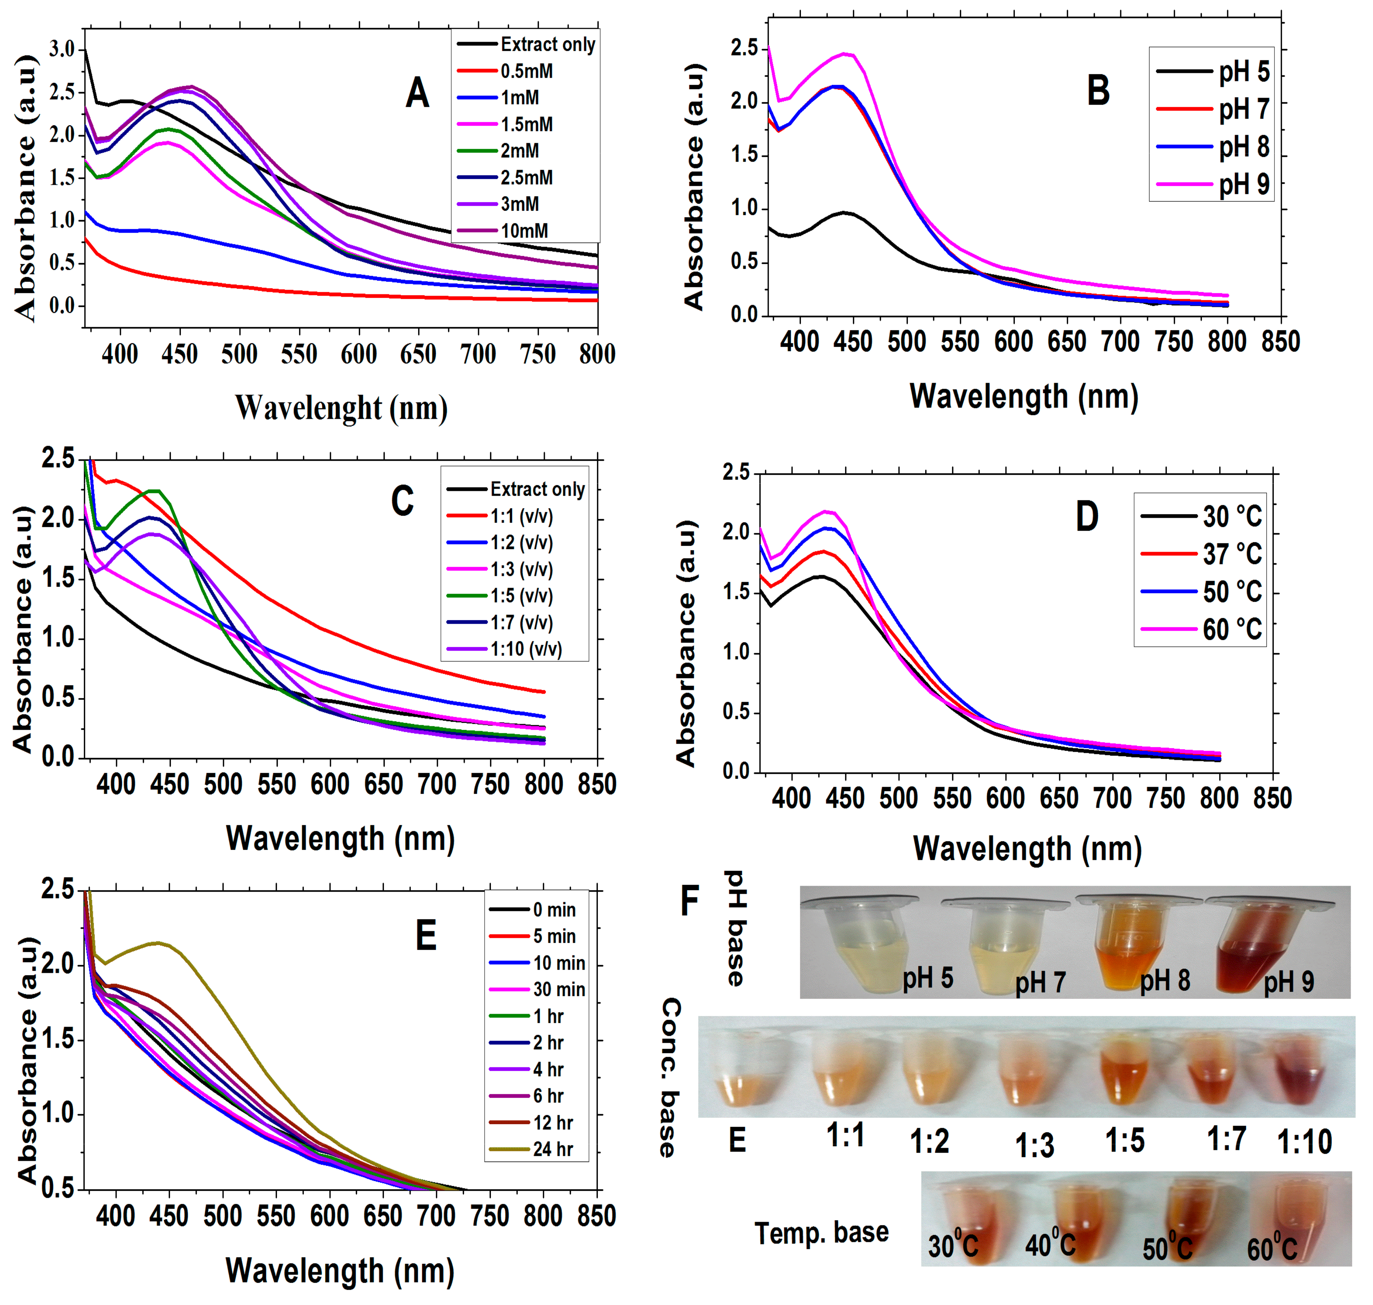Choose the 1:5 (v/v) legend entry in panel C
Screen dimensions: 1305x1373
tap(521, 596)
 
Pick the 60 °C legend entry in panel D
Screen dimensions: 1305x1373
tap(1232, 629)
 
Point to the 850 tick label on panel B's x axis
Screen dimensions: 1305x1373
tap(1280, 341)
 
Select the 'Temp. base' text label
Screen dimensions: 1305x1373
tap(821, 1233)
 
